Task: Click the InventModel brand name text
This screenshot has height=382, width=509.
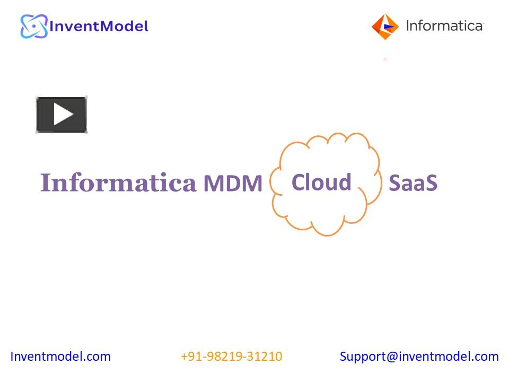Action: pos(99,25)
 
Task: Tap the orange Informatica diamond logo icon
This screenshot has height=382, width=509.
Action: pos(385,26)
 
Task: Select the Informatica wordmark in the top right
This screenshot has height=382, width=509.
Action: pos(444,25)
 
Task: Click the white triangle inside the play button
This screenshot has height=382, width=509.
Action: pos(63,114)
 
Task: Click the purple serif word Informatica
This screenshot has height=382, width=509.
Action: pos(118,183)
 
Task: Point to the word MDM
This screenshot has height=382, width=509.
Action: pos(233,184)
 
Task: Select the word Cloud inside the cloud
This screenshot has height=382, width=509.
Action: pos(321,182)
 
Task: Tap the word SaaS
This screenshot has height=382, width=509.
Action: pos(413,183)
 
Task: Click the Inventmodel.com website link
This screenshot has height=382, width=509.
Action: pos(60,357)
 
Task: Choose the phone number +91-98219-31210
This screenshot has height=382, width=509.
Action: pos(231,357)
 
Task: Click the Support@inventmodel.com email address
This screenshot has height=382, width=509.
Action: pos(419,357)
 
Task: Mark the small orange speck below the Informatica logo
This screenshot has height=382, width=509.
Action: pos(385,59)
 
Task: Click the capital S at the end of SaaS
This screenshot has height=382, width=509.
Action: pos(431,183)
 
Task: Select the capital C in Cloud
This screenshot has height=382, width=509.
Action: pos(298,183)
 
